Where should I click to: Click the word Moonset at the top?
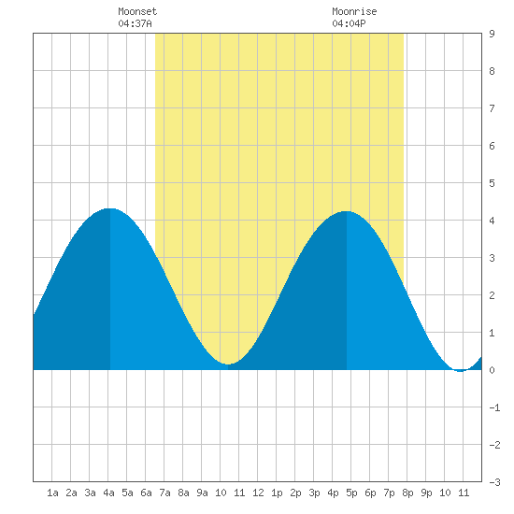(137, 11)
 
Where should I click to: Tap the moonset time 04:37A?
(135, 23)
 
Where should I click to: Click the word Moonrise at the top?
(354, 11)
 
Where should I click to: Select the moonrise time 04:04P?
(349, 23)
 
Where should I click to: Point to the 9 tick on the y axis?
(492, 34)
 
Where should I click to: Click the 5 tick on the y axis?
(492, 183)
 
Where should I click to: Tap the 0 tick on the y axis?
(492, 370)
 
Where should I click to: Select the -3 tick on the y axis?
(494, 482)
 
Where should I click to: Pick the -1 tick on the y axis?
(494, 407)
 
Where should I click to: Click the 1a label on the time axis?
(52, 493)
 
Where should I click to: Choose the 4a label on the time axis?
(108, 493)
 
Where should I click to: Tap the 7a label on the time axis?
(164, 493)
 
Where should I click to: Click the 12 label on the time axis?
(258, 493)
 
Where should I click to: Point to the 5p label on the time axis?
(351, 493)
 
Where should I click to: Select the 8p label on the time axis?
(407, 493)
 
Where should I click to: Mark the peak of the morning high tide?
(110, 208)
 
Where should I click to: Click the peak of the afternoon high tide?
(347, 211)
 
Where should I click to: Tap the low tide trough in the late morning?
(228, 364)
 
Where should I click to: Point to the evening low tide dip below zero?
(461, 371)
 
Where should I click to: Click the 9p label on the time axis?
(426, 493)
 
